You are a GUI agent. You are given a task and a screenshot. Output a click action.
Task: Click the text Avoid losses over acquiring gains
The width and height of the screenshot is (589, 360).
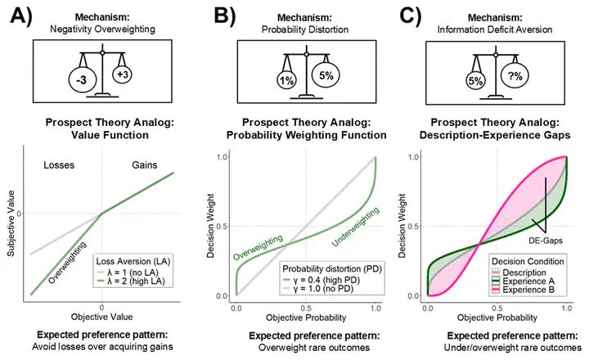(x=101, y=348)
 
